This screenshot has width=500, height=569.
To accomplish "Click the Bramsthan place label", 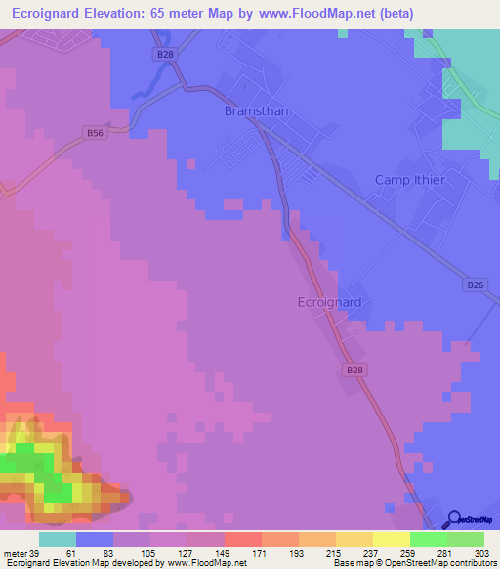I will [x=256, y=111].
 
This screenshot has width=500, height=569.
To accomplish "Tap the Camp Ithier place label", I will [x=410, y=180].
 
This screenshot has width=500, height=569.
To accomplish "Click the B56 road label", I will [x=94, y=133].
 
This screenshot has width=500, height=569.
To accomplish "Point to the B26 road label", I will [x=475, y=284].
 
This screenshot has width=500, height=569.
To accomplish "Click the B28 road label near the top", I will [x=164, y=56].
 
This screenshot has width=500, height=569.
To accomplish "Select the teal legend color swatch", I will [x=57, y=539].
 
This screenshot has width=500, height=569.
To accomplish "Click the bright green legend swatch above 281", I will [x=428, y=539].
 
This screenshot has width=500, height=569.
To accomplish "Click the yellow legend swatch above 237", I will [x=354, y=539].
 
